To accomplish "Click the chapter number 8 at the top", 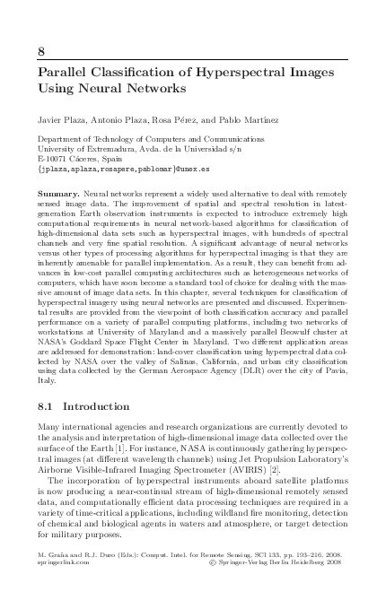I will (x=40, y=48).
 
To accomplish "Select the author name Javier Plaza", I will (x=62, y=118).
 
